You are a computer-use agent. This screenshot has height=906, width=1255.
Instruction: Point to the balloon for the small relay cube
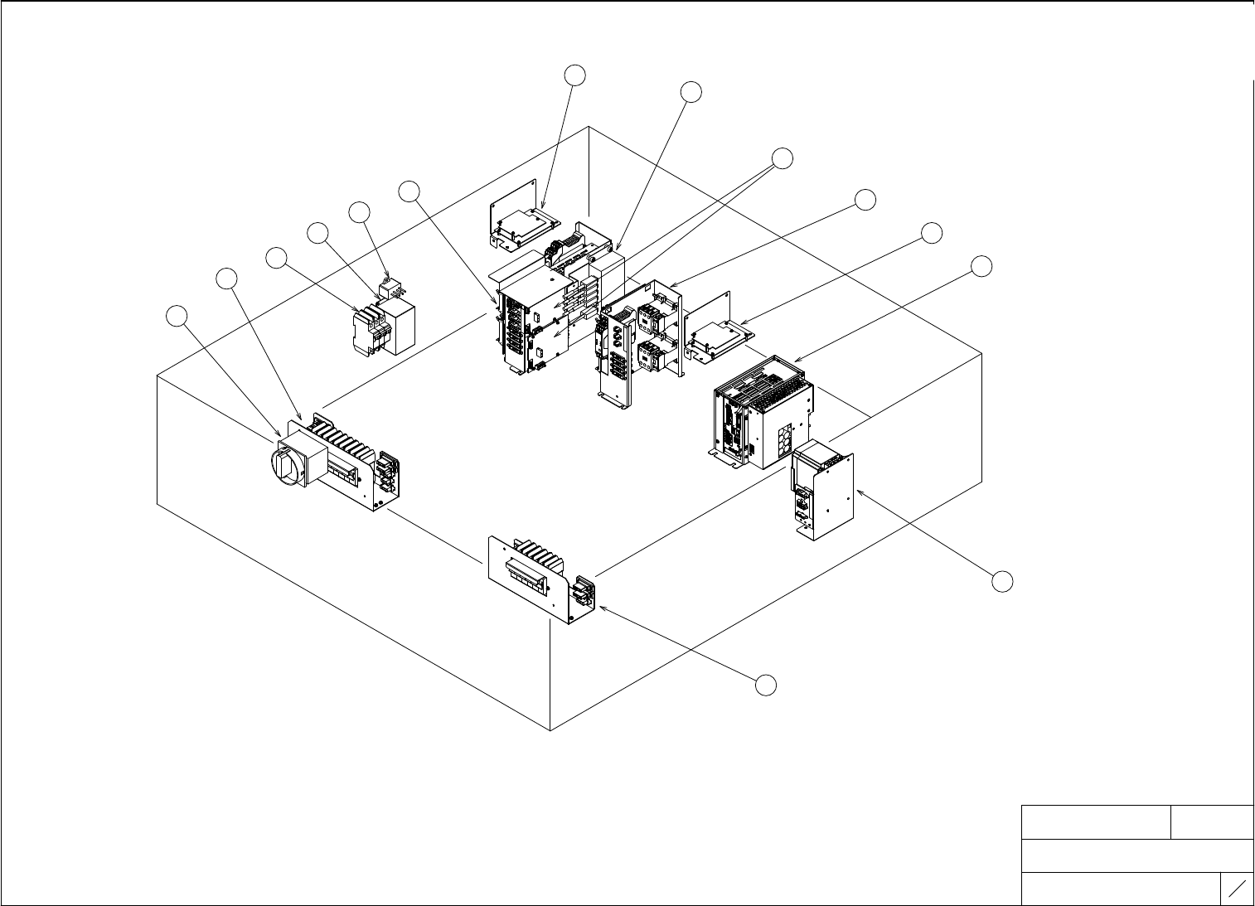(359, 212)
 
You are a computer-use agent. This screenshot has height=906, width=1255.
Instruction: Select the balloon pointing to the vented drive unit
(981, 266)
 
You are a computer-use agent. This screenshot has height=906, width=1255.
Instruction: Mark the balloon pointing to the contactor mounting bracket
(865, 199)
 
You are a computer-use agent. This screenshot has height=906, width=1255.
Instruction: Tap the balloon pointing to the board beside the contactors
(932, 233)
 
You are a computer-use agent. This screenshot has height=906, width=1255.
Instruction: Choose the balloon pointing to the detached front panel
(767, 685)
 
